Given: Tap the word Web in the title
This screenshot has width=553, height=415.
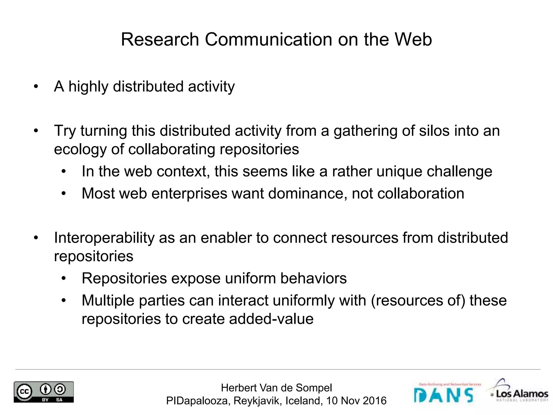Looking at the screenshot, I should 413,39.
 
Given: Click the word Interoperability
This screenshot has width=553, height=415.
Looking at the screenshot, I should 104,238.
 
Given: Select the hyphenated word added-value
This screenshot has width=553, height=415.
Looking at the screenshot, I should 271,319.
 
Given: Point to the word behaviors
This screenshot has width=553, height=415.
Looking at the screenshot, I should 313,278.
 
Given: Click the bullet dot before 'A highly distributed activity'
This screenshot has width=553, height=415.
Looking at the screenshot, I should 36,87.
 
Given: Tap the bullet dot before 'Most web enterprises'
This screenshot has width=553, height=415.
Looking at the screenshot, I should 64,194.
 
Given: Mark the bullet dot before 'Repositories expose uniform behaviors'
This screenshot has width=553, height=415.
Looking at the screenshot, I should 64,279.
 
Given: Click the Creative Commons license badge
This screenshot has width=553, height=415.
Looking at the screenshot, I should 44,392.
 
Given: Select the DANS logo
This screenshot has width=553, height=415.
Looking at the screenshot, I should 444,394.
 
